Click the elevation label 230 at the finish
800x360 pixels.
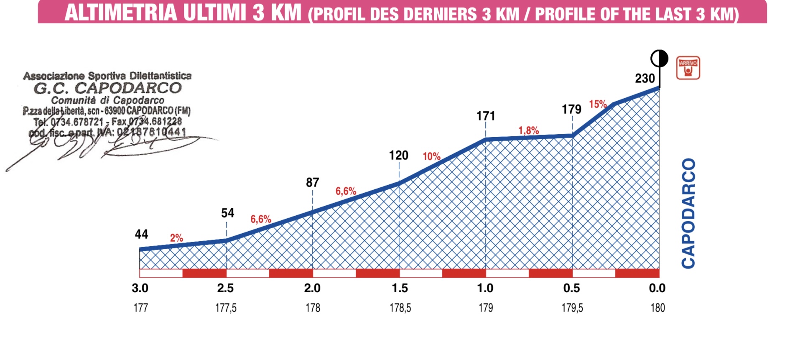pyautogui.click(x=645, y=78)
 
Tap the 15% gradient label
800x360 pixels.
pyautogui.click(x=598, y=104)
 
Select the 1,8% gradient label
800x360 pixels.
pyautogui.click(x=528, y=130)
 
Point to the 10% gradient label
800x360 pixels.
pyautogui.click(x=431, y=156)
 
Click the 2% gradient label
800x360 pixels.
pyautogui.click(x=176, y=238)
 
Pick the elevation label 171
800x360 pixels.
pyautogui.click(x=486, y=116)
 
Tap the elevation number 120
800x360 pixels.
pyautogui.click(x=398, y=156)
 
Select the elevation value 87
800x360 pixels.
pyautogui.click(x=312, y=182)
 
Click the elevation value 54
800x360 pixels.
pyautogui.click(x=227, y=213)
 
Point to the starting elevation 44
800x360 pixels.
pyautogui.click(x=141, y=234)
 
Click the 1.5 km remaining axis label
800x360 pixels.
pyautogui.click(x=400, y=288)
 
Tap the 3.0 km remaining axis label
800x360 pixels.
pyautogui.click(x=140, y=288)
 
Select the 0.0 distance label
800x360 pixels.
pyautogui.click(x=657, y=288)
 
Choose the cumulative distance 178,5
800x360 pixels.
pyautogui.click(x=400, y=308)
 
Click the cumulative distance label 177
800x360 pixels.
pyautogui.click(x=140, y=308)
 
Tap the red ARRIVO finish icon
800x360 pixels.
pyautogui.click(x=688, y=68)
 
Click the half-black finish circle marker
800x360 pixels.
pyautogui.click(x=659, y=59)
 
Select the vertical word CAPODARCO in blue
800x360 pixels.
pyautogui.click(x=688, y=213)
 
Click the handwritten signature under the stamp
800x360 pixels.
pyautogui.click(x=104, y=146)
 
